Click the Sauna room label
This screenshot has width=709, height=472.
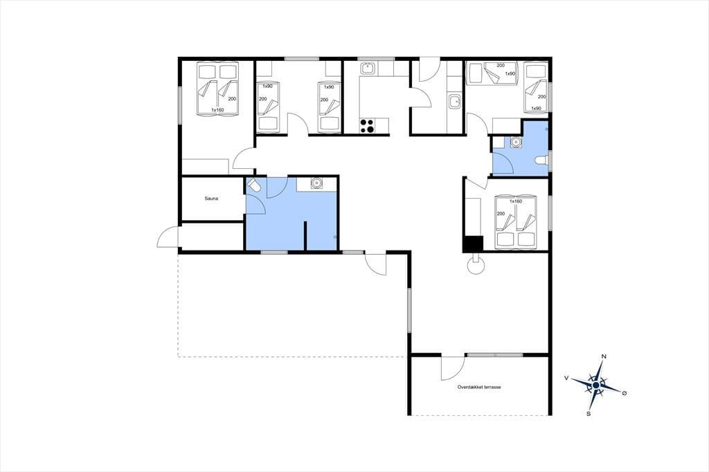pos(211,199)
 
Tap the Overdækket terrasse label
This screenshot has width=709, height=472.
pos(479,387)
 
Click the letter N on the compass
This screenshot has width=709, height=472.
pos(603,356)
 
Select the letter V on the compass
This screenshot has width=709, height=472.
pos(566,377)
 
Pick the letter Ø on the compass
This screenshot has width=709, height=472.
pos(625,393)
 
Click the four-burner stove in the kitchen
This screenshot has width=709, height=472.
pos(367,126)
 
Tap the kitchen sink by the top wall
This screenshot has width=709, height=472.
pos(367,69)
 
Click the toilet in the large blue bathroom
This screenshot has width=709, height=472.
pos(253,185)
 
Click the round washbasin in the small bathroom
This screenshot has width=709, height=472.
pos(515,142)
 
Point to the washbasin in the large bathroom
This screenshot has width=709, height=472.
pos(316,183)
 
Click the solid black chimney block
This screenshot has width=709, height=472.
pos(472,244)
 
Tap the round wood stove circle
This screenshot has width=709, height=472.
pos(476,266)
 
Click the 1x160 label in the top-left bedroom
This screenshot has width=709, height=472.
pos(217,110)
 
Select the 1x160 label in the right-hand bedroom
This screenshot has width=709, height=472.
pos(515,201)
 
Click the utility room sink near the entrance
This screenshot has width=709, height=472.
pos(454,101)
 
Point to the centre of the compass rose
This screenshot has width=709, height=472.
pos(596,385)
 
